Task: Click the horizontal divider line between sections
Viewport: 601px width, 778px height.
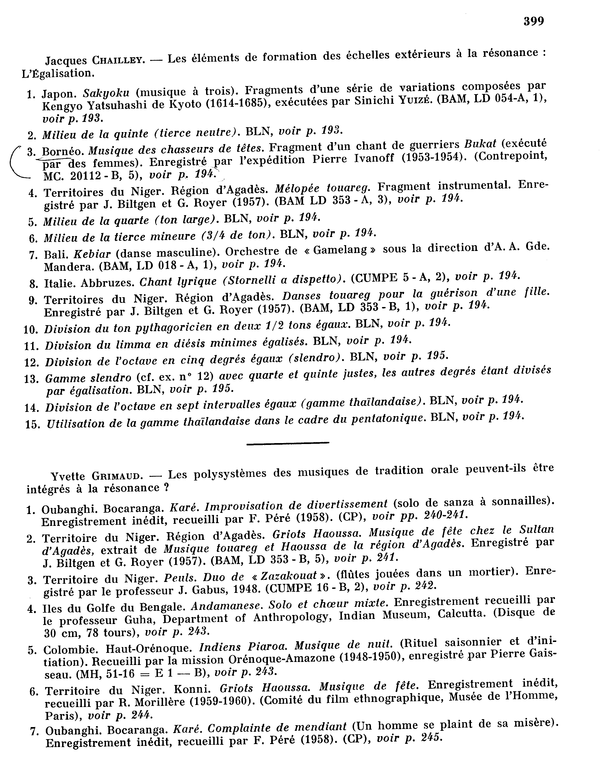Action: (287, 443)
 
